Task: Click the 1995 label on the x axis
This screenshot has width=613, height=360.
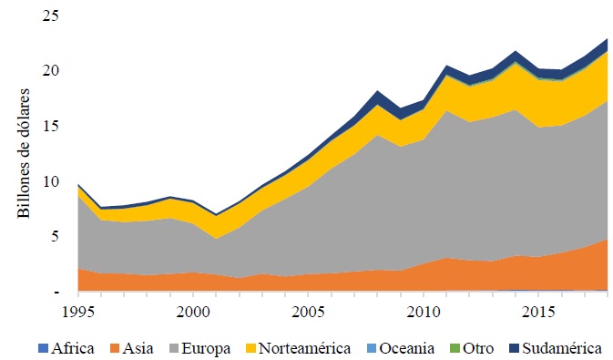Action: click(x=78, y=312)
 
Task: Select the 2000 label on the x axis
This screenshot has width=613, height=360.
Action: click(x=192, y=312)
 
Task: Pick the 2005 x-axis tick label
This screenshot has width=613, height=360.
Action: click(x=306, y=312)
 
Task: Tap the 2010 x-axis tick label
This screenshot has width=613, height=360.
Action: click(x=420, y=312)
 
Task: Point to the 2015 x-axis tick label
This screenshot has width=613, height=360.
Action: click(x=534, y=312)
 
